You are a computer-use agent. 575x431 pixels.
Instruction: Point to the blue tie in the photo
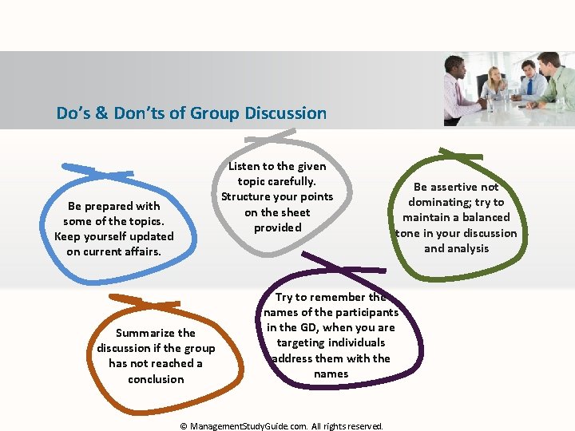click(x=529, y=87)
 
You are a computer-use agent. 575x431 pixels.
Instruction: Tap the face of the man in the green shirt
click(x=548, y=65)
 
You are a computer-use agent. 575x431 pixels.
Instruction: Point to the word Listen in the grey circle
click(x=243, y=166)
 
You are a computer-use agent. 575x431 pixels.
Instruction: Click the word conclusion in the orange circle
click(x=156, y=379)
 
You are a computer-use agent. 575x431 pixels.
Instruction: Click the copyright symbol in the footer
click(x=184, y=426)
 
